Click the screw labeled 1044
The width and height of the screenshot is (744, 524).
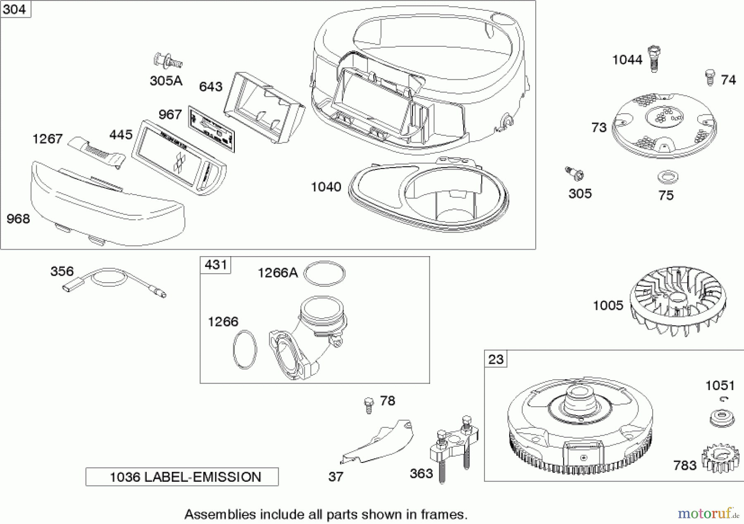pos(654,59)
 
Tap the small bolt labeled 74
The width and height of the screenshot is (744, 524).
pos(710,77)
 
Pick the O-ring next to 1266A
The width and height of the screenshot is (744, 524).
pos(324,274)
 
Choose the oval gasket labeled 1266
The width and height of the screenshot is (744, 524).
pos(245,349)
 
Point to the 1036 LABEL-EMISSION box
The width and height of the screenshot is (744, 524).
pos(182,477)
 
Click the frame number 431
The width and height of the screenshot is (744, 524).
pos(215,264)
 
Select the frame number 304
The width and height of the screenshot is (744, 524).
pos(14,9)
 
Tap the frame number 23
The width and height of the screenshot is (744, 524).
pos(496,359)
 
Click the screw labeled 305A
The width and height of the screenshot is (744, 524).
pos(168,62)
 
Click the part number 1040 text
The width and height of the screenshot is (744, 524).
pos(326,187)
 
